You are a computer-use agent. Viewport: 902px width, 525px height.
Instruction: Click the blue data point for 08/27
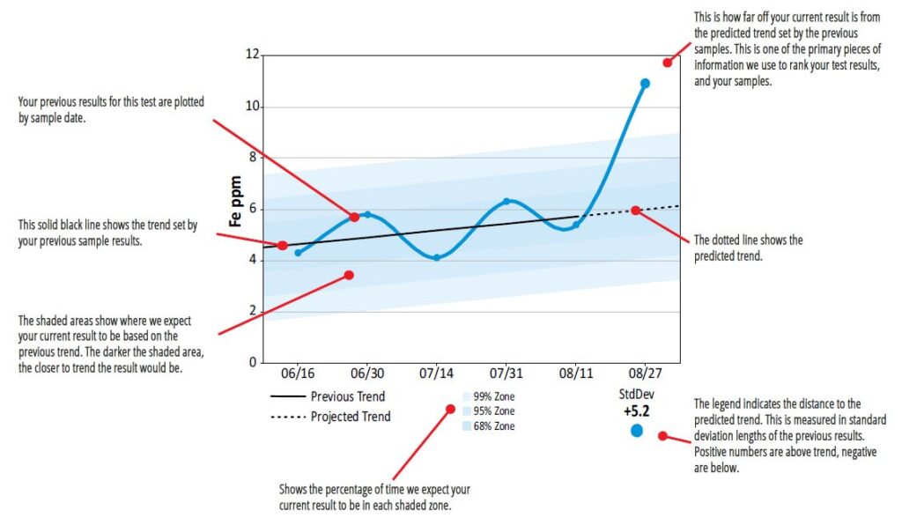[645, 84]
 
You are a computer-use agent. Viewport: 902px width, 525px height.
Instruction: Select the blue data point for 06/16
[298, 254]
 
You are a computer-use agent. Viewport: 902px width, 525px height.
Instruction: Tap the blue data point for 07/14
[436, 257]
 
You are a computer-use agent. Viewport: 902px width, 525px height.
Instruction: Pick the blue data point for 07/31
[506, 202]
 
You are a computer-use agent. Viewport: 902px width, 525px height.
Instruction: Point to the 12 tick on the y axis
[252, 55]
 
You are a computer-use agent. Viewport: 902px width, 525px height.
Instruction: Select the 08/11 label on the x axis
[575, 374]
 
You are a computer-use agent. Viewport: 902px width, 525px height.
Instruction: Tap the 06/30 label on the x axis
[366, 374]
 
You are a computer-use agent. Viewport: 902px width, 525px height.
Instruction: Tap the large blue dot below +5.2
[637, 431]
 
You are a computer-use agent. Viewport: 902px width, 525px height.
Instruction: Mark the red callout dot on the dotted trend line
[636, 211]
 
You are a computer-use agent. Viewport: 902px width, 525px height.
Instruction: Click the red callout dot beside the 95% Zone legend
[451, 410]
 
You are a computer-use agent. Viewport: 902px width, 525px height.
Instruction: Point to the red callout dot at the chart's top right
[668, 63]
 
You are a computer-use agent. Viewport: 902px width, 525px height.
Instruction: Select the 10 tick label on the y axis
[252, 107]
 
